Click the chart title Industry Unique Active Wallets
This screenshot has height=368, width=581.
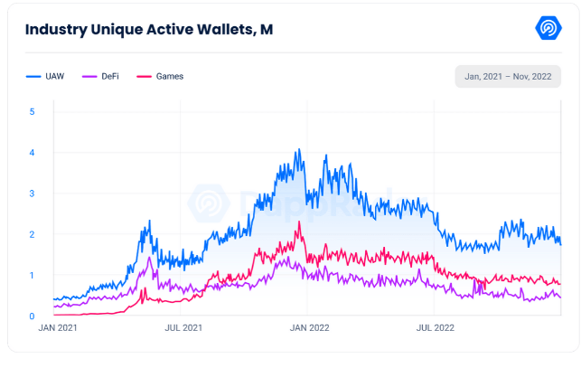[148, 30]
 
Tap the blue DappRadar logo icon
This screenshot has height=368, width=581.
[549, 29]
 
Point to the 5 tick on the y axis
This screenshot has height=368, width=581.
[33, 112]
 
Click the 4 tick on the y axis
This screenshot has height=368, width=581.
[33, 153]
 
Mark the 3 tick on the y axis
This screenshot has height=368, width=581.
[33, 193]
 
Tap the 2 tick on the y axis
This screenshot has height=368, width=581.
[33, 234]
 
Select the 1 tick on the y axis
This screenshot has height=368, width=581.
[33, 275]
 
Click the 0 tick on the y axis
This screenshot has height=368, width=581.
[33, 316]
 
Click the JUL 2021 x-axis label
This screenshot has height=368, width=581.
[183, 329]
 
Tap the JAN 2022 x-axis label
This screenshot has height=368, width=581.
[308, 329]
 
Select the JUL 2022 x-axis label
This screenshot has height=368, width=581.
[434, 329]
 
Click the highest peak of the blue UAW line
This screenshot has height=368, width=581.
[299, 150]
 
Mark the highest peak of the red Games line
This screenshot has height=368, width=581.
[299, 222]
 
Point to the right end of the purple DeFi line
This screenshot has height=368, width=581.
[560, 297]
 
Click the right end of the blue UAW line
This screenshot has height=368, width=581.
[560, 244]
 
